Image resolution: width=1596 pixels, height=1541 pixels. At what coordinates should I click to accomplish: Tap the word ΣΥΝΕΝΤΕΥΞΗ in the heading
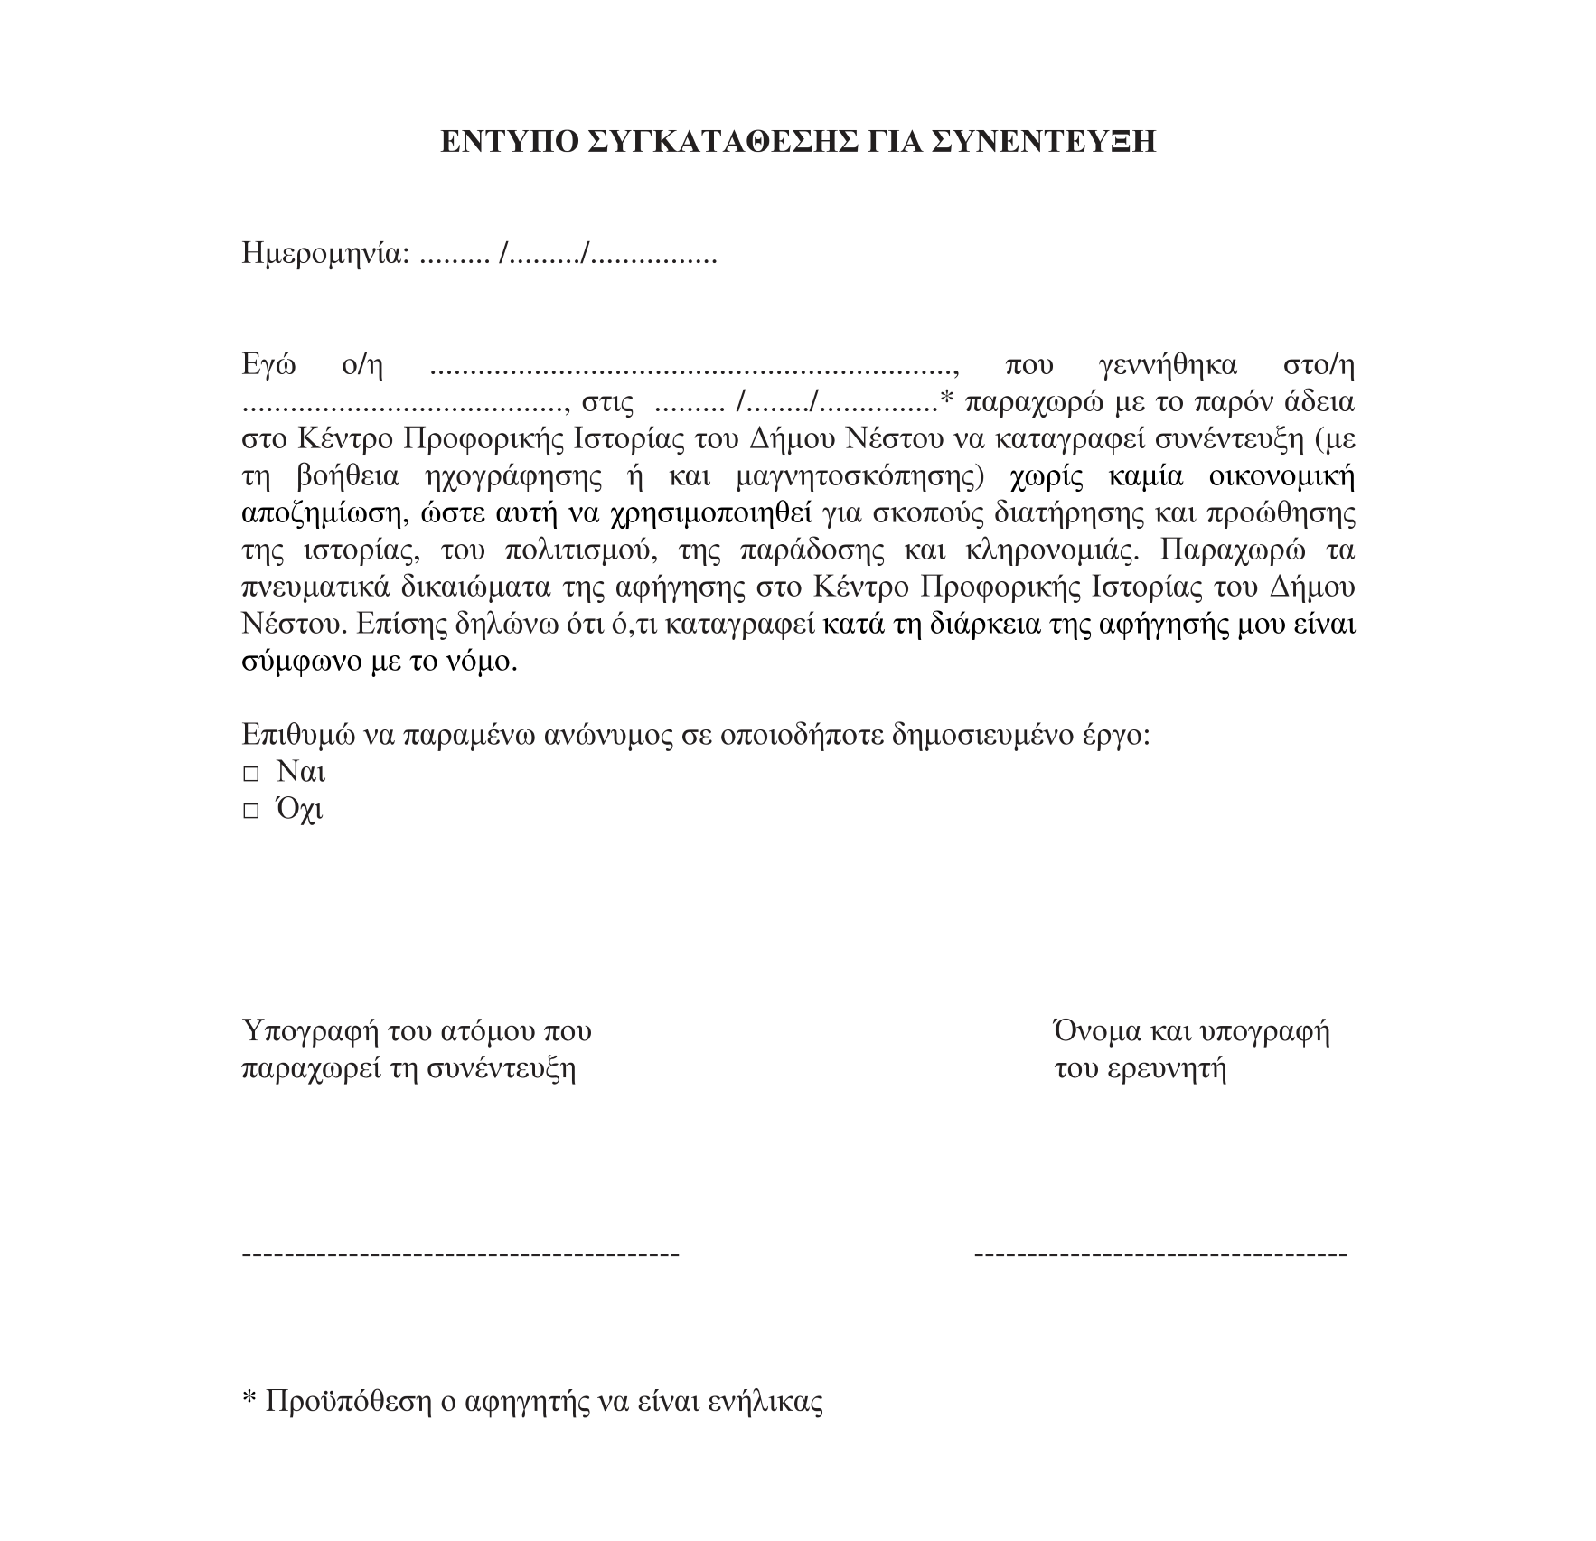point(1045,142)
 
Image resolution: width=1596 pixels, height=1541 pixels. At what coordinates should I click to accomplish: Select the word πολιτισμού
point(579,550)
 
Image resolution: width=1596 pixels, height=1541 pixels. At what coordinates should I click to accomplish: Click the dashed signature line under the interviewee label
point(461,1254)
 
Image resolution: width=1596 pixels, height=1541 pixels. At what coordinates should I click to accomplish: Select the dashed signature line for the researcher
point(1161,1254)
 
